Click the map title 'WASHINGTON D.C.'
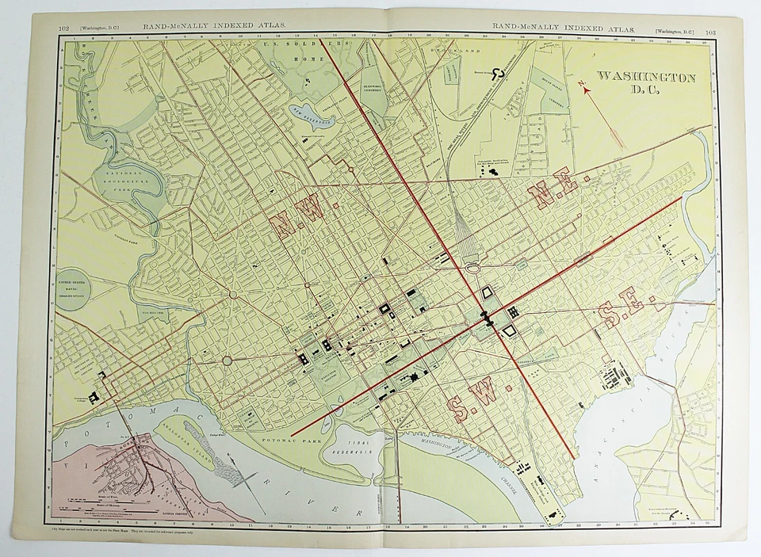pos(646,82)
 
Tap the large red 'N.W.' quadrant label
pos(299,213)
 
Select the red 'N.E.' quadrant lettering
pos(552,188)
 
